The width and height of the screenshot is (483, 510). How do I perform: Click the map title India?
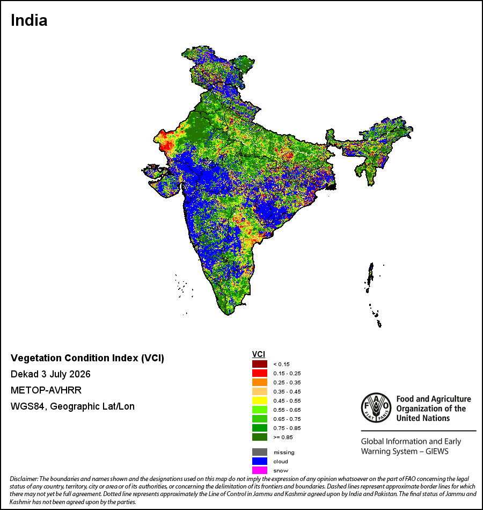pos(29,20)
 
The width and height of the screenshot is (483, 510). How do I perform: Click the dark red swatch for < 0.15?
pos(260,364)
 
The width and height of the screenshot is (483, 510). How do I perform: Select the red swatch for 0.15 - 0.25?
pos(260,373)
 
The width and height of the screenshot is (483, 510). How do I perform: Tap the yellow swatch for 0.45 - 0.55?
pos(260,400)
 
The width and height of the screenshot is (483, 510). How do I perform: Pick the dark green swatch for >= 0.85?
pos(260,437)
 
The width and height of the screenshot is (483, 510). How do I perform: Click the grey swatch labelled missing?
pos(260,452)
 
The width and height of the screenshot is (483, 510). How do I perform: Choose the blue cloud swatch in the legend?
pos(260,461)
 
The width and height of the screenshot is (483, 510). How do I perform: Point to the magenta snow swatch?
pos(260,470)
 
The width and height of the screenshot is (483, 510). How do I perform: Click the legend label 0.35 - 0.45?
pos(287,391)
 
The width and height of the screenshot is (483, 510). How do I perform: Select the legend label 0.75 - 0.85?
pos(287,428)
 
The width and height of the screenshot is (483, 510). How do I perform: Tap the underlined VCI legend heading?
pos(259,354)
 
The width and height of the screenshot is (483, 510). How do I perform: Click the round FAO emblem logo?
pos(376,408)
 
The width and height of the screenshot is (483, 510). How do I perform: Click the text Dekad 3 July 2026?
pos(50,374)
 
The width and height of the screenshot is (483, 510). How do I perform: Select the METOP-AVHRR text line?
pos(46,390)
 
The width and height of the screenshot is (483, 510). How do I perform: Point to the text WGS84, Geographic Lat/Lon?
pos(72,406)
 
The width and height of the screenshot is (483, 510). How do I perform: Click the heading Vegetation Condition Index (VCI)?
pos(87,358)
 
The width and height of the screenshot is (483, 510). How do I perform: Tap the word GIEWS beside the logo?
pos(437,451)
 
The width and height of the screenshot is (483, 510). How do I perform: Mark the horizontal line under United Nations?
pos(419,431)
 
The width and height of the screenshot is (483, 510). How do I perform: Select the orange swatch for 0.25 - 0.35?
pos(260,382)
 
